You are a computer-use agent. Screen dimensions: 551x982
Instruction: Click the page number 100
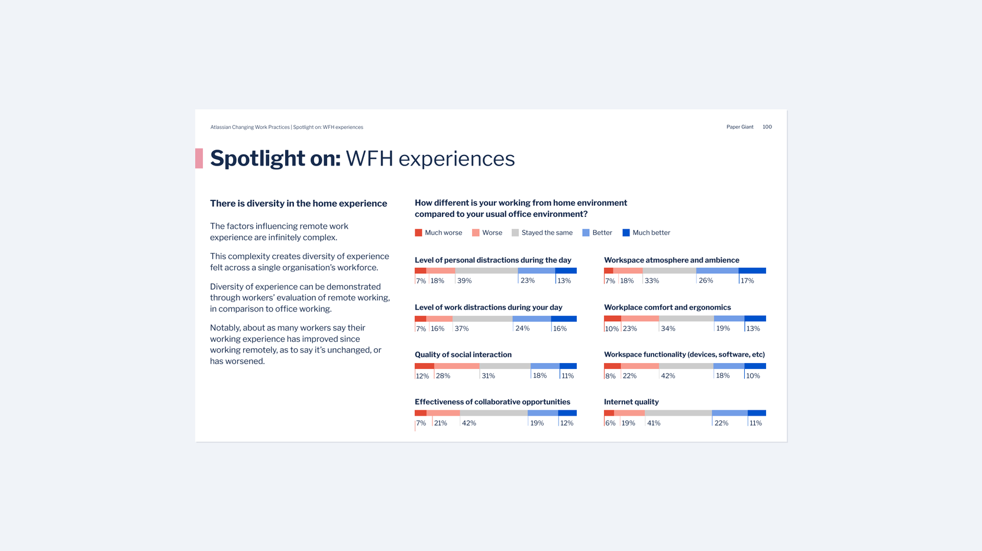[x=767, y=127]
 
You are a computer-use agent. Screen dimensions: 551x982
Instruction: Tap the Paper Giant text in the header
[x=739, y=127]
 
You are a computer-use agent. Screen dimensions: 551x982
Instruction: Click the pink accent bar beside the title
[x=199, y=158]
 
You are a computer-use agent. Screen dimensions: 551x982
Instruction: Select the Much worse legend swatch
[x=418, y=233]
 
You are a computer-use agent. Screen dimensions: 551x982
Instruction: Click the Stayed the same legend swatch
[x=515, y=233]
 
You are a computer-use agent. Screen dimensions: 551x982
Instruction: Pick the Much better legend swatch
[x=626, y=233]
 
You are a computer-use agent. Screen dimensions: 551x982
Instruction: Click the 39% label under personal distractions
[x=464, y=281]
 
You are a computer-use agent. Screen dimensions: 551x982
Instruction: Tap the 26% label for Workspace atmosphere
[x=706, y=281]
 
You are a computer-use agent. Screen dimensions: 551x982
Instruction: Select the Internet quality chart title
[x=631, y=402]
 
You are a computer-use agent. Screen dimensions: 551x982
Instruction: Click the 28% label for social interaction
[x=443, y=376]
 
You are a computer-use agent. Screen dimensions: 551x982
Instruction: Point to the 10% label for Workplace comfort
[x=612, y=329]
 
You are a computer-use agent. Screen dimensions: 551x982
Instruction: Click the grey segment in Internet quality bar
[x=678, y=413]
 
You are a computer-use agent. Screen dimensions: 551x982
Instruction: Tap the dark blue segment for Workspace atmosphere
[x=752, y=271]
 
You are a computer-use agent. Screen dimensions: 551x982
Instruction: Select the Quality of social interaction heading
[x=463, y=355]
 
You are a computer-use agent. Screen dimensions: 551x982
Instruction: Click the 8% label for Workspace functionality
[x=610, y=376]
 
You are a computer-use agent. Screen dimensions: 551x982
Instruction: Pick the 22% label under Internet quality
[x=721, y=423]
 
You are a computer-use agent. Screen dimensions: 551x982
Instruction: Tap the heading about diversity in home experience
[x=298, y=203]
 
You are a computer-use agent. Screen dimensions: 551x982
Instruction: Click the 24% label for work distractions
[x=522, y=329]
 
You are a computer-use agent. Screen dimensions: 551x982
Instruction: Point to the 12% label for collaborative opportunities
[x=567, y=423]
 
